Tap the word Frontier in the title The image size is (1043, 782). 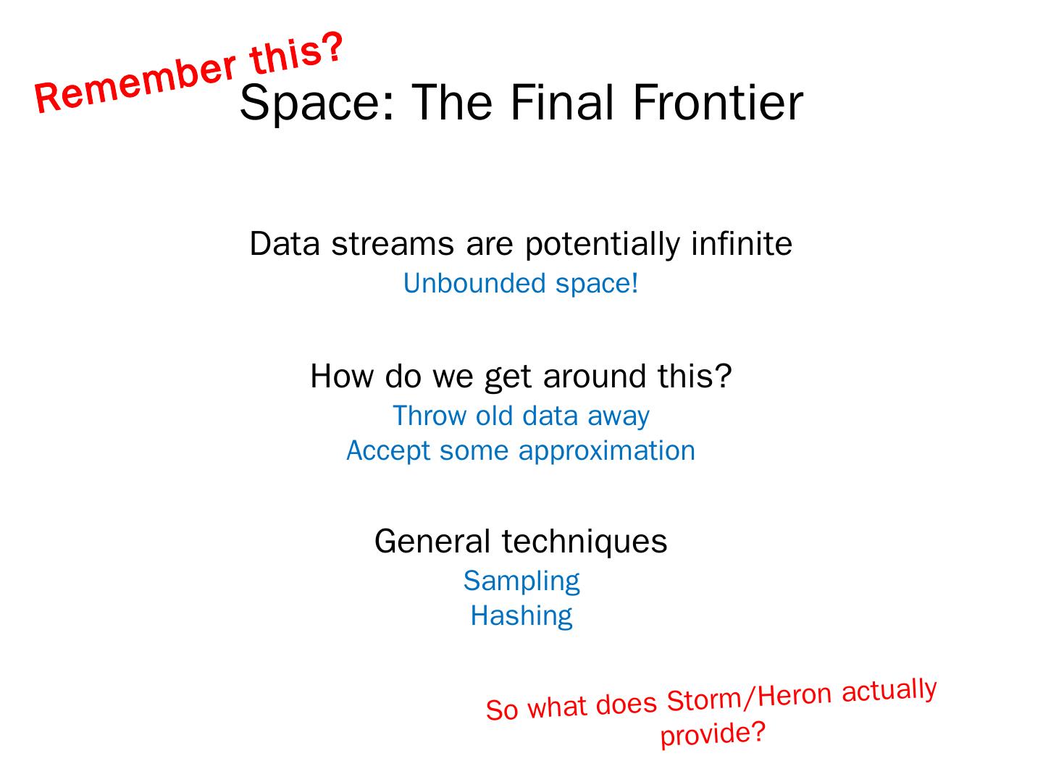tap(718, 103)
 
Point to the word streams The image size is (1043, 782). tap(393, 245)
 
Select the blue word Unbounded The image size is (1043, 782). tap(474, 283)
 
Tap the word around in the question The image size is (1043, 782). tap(595, 376)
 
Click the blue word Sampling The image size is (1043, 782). tap(521, 581)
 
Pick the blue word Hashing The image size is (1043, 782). tap(521, 616)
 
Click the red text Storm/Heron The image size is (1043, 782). tap(749, 697)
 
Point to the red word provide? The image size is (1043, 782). tap(713, 733)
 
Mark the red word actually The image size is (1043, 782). tap(889, 690)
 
